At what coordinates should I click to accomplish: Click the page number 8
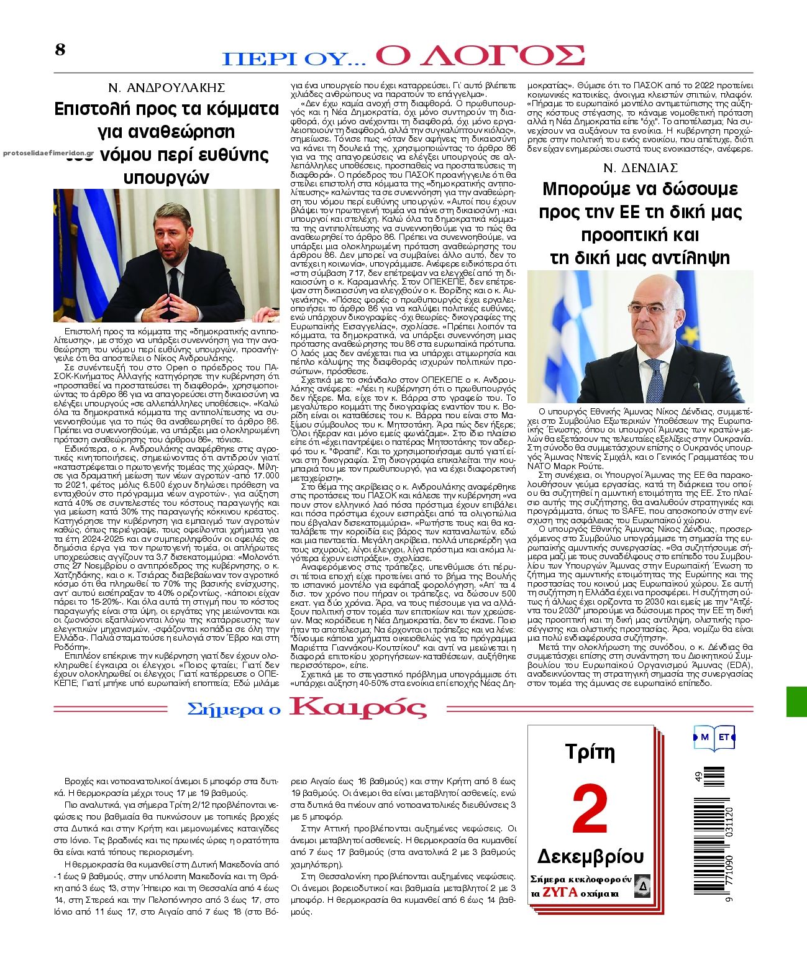pyautogui.click(x=60, y=50)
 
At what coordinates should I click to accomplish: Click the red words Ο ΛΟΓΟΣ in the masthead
pyautogui.click(x=480, y=56)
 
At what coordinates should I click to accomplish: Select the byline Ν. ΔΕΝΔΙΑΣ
pyautogui.click(x=640, y=168)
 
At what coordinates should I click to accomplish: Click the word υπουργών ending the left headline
pyautogui.click(x=166, y=178)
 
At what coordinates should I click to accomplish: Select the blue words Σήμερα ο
pyautogui.click(x=234, y=709)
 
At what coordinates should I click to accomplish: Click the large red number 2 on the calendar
pyautogui.click(x=590, y=810)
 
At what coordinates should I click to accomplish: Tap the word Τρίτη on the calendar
pyautogui.click(x=590, y=752)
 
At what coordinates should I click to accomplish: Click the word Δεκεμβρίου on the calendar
pyautogui.click(x=590, y=857)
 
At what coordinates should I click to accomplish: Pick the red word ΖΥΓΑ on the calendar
pyautogui.click(x=562, y=893)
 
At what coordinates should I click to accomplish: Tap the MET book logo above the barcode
pyautogui.click(x=714, y=737)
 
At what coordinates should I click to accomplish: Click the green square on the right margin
pyautogui.click(x=796, y=701)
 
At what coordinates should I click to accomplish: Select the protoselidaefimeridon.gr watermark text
pyautogui.click(x=48, y=152)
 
